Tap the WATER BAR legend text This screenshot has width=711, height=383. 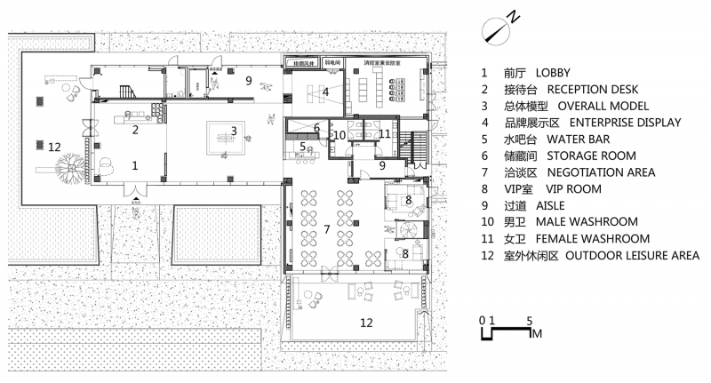pyautogui.click(x=578, y=139)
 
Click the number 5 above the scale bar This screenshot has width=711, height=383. pyautogui.click(x=530, y=318)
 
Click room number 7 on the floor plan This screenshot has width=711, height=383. pyautogui.click(x=326, y=230)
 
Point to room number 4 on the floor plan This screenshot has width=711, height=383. pyautogui.click(x=326, y=91)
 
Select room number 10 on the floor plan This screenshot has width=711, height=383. pyautogui.click(x=339, y=135)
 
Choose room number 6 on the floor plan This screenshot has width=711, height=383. pyautogui.click(x=316, y=128)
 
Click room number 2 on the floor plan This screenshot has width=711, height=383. pyautogui.click(x=136, y=130)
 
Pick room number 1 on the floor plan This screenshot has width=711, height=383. pyautogui.click(x=136, y=164)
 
